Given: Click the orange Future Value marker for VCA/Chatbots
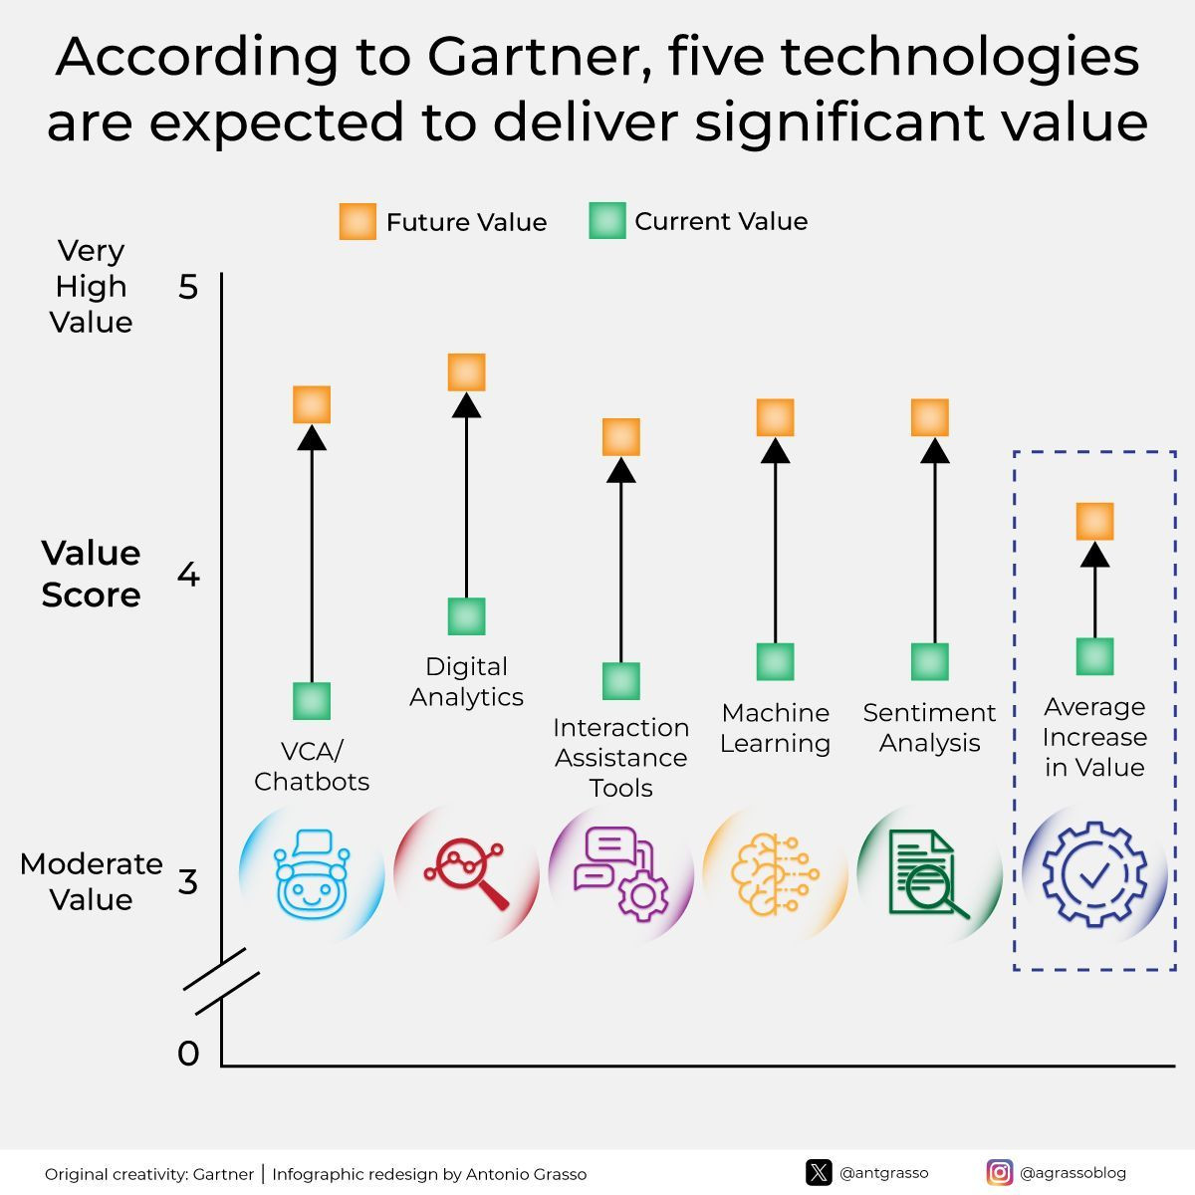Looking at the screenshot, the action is coord(312,404).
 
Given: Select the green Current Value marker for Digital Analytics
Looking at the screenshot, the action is coord(466,615).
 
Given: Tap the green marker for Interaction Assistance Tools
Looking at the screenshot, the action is coord(620,681).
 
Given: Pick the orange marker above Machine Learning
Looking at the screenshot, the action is coord(775,417).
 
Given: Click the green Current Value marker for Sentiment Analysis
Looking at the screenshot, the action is coord(929,661).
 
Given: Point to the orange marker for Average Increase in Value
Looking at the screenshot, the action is coord(1094,521).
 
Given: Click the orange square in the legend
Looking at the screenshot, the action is coord(358,221).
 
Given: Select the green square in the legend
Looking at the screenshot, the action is coord(607,220).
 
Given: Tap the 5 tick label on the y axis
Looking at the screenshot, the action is coord(188,287).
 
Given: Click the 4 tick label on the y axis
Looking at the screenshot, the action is coord(188,575).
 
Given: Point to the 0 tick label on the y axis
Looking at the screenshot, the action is coord(188,1053).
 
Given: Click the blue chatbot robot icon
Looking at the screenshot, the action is coord(312,873).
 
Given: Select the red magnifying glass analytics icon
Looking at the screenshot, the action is coord(466,874).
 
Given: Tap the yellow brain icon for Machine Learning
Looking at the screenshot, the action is coord(775,874).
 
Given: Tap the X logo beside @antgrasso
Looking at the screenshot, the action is coord(819,1173).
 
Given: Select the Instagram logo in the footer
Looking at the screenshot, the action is coord(1000,1173).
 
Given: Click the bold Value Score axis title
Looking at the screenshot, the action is coord(92,574).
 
